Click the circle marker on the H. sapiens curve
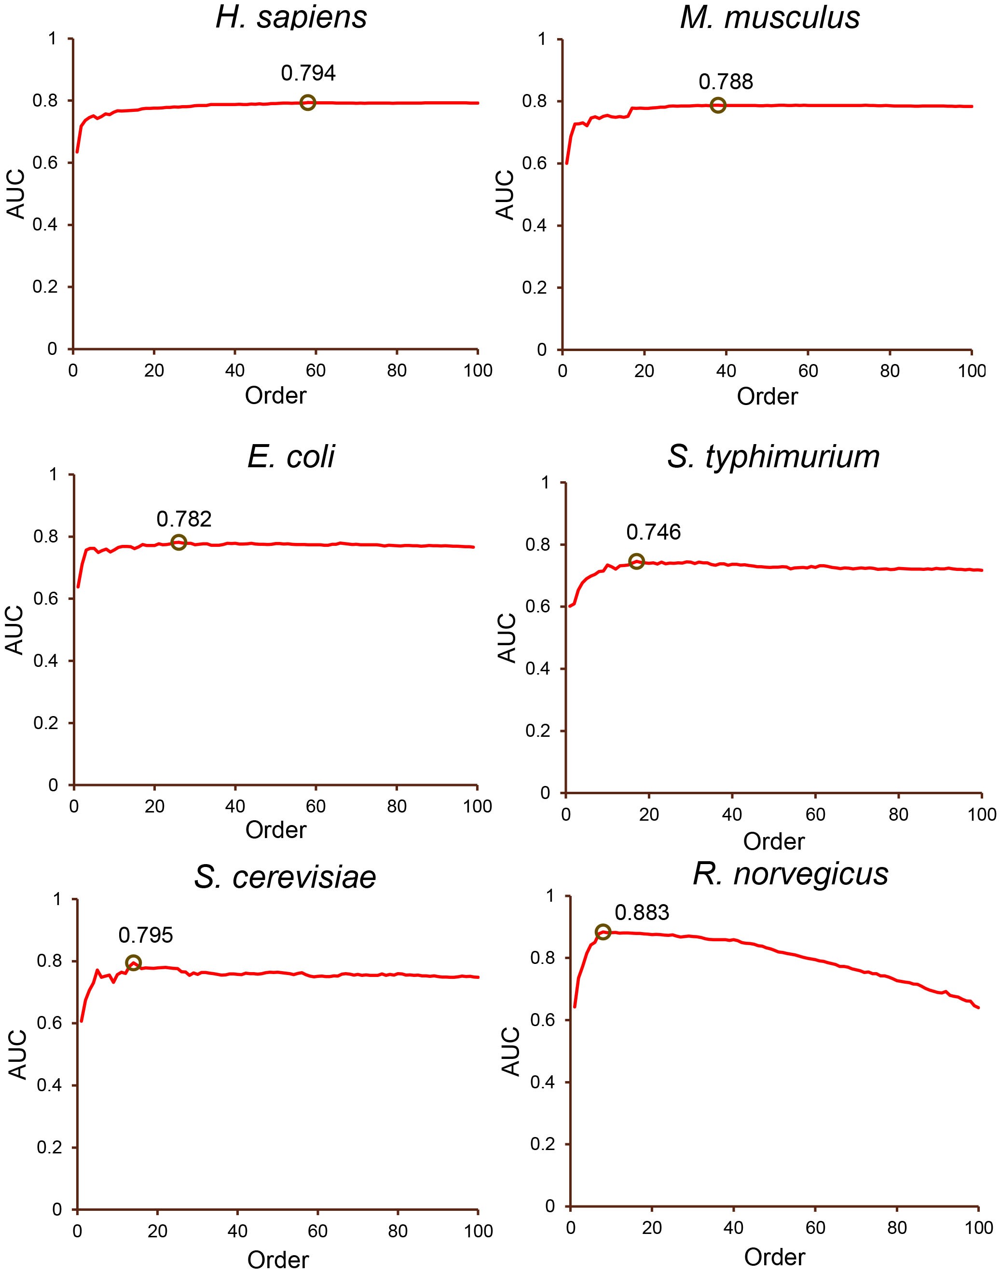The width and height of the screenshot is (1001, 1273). point(307,103)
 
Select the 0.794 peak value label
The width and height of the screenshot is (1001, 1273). point(308,73)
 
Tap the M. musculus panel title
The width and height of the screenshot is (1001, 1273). point(769,17)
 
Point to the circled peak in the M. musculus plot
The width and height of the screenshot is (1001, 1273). point(717,106)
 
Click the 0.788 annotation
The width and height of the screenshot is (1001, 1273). point(726,81)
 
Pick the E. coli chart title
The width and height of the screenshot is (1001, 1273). point(291,456)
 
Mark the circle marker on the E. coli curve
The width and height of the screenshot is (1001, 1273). point(179,542)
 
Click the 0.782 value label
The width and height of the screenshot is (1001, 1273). point(184,518)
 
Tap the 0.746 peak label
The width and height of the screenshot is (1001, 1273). point(654,532)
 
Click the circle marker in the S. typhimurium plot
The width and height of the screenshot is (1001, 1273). point(636,561)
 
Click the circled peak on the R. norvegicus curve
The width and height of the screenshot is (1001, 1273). point(603,932)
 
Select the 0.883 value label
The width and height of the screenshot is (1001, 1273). point(642,913)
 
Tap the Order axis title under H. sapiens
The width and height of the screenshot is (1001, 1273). point(275,395)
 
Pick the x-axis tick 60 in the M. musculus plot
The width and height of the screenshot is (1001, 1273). point(808,371)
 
